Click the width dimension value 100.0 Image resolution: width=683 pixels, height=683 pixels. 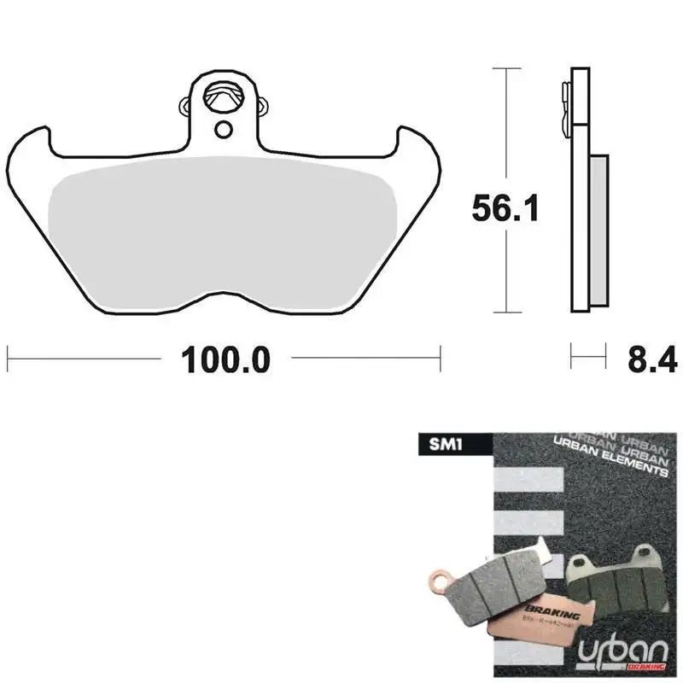click(225, 359)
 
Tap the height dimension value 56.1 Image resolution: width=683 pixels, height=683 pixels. click(506, 207)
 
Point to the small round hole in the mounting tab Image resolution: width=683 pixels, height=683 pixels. click(224, 129)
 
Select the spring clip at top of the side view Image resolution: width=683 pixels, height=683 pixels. click(564, 107)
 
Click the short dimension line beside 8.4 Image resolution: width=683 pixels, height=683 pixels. click(587, 352)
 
